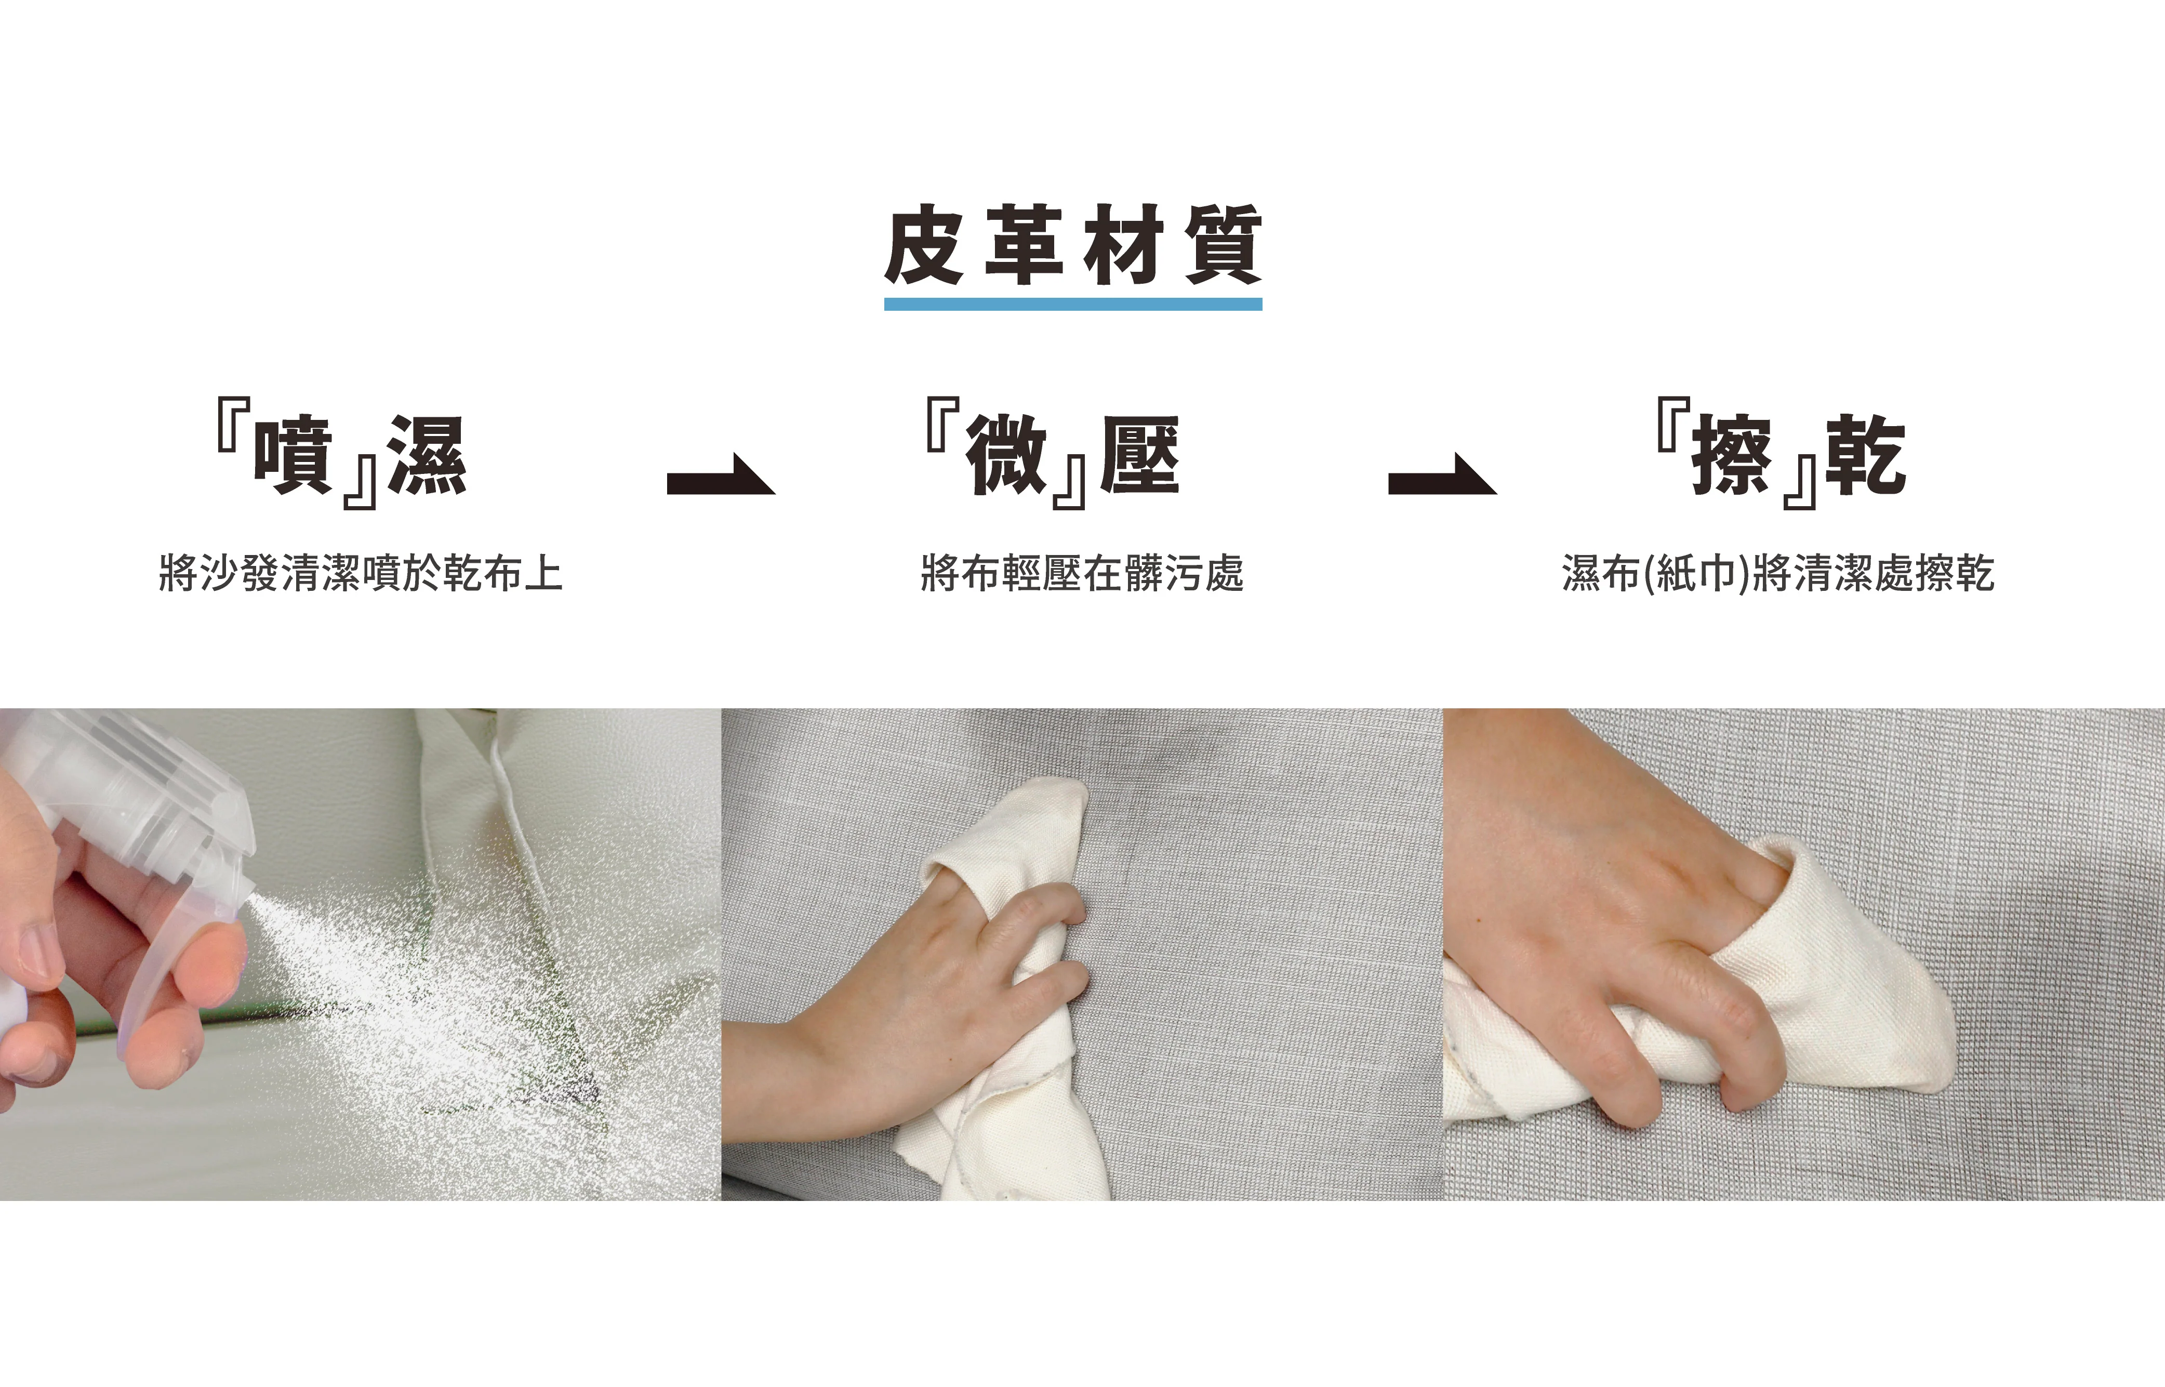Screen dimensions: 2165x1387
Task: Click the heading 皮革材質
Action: click(x=1073, y=244)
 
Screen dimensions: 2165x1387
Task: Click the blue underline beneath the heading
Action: click(x=1073, y=305)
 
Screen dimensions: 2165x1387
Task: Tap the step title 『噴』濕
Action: click(x=342, y=453)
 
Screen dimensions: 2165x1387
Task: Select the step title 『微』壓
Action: click(x=1053, y=453)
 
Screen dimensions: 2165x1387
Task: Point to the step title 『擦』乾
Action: click(x=1783, y=453)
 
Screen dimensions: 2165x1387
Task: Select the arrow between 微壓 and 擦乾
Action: click(x=1442, y=474)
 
